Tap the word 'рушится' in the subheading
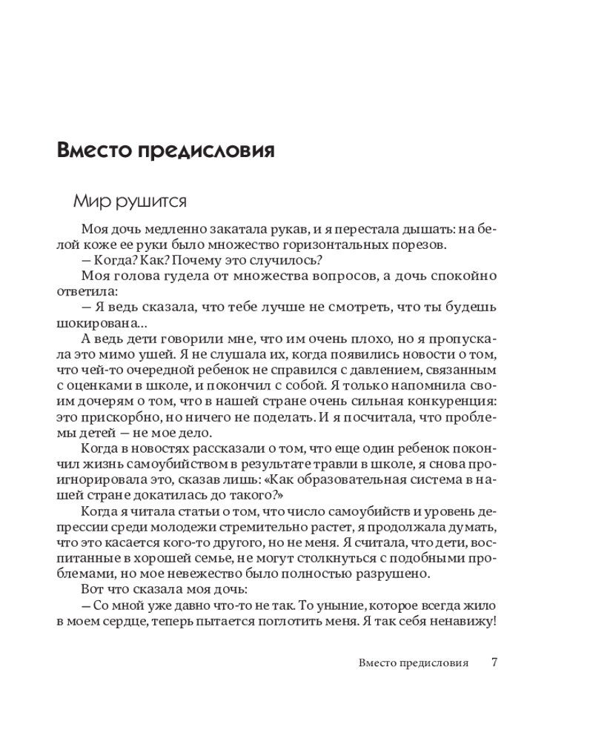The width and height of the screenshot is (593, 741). (154, 201)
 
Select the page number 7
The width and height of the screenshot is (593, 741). (494, 662)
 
